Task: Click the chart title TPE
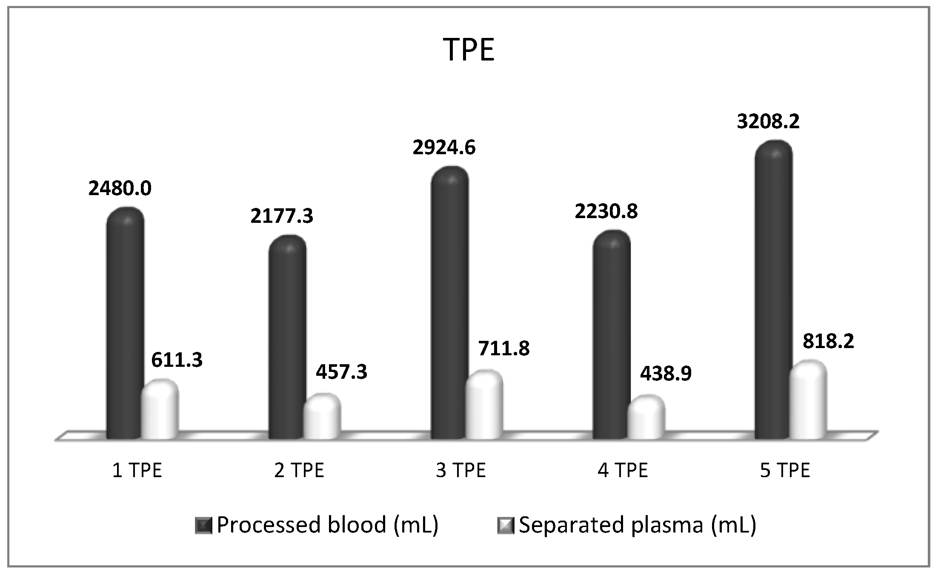pos(469,50)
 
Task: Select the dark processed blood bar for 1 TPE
pos(125,324)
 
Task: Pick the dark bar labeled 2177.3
pos(287,337)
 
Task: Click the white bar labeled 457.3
pos(322,418)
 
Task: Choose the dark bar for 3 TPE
pos(449,302)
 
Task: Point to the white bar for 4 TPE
pos(646,418)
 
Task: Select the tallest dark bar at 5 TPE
pos(773,290)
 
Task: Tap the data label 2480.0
pos(120,188)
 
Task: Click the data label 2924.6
pos(444,147)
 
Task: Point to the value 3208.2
pos(768,121)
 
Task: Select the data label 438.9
pos(666,374)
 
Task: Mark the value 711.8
pos(504,348)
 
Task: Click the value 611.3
pos(177,360)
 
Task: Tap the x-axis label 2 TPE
pos(299,470)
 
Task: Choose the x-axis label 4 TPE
pos(623,470)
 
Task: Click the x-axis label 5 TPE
pos(785,470)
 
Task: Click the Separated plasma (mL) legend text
pos(638,525)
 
